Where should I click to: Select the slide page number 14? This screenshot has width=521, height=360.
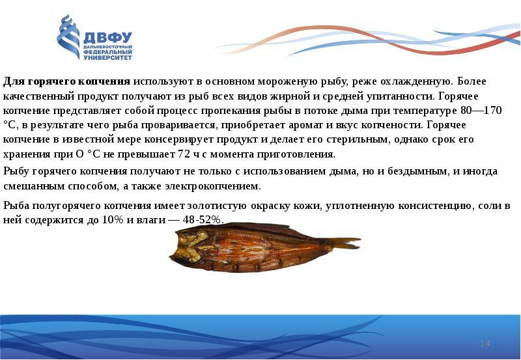484,343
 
